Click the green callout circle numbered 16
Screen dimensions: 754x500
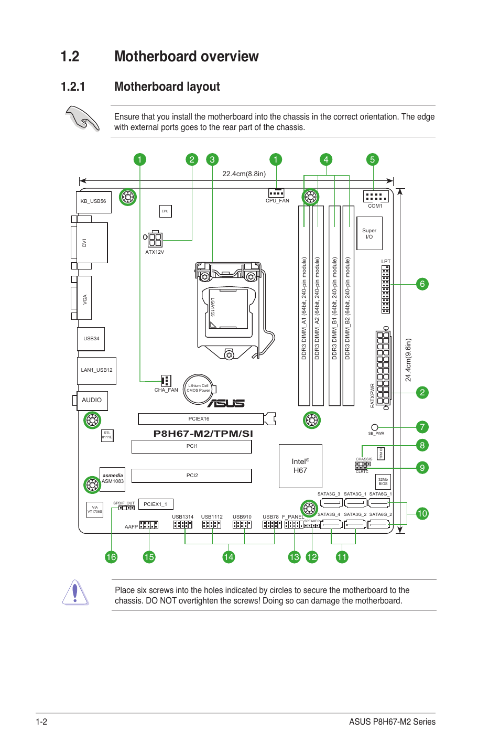[x=111, y=557]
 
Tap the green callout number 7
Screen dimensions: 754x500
[x=422, y=427]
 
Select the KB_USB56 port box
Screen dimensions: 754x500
[x=94, y=202]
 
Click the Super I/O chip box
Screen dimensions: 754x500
[x=369, y=233]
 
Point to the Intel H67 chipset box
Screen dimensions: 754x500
[x=300, y=466]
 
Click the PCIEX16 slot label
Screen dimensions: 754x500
[x=199, y=418]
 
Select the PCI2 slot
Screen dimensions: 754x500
[x=192, y=475]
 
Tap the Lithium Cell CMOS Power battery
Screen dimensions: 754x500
[x=198, y=390]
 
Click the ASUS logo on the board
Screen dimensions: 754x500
[x=226, y=403]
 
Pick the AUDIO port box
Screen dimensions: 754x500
[x=92, y=400]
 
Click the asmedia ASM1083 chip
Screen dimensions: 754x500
[x=113, y=479]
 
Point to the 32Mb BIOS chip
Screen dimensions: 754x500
[x=383, y=481]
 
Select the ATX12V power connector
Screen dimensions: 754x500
[x=155, y=239]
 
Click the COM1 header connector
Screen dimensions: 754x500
[x=375, y=196]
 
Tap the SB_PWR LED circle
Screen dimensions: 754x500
[x=374, y=427]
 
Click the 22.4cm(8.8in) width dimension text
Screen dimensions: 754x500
[x=244, y=174]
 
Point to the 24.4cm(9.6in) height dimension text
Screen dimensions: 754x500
[x=408, y=360]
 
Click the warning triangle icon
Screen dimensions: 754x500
[x=75, y=593]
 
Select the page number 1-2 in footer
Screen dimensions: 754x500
[x=41, y=721]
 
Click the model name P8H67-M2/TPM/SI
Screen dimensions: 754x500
[x=203, y=434]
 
